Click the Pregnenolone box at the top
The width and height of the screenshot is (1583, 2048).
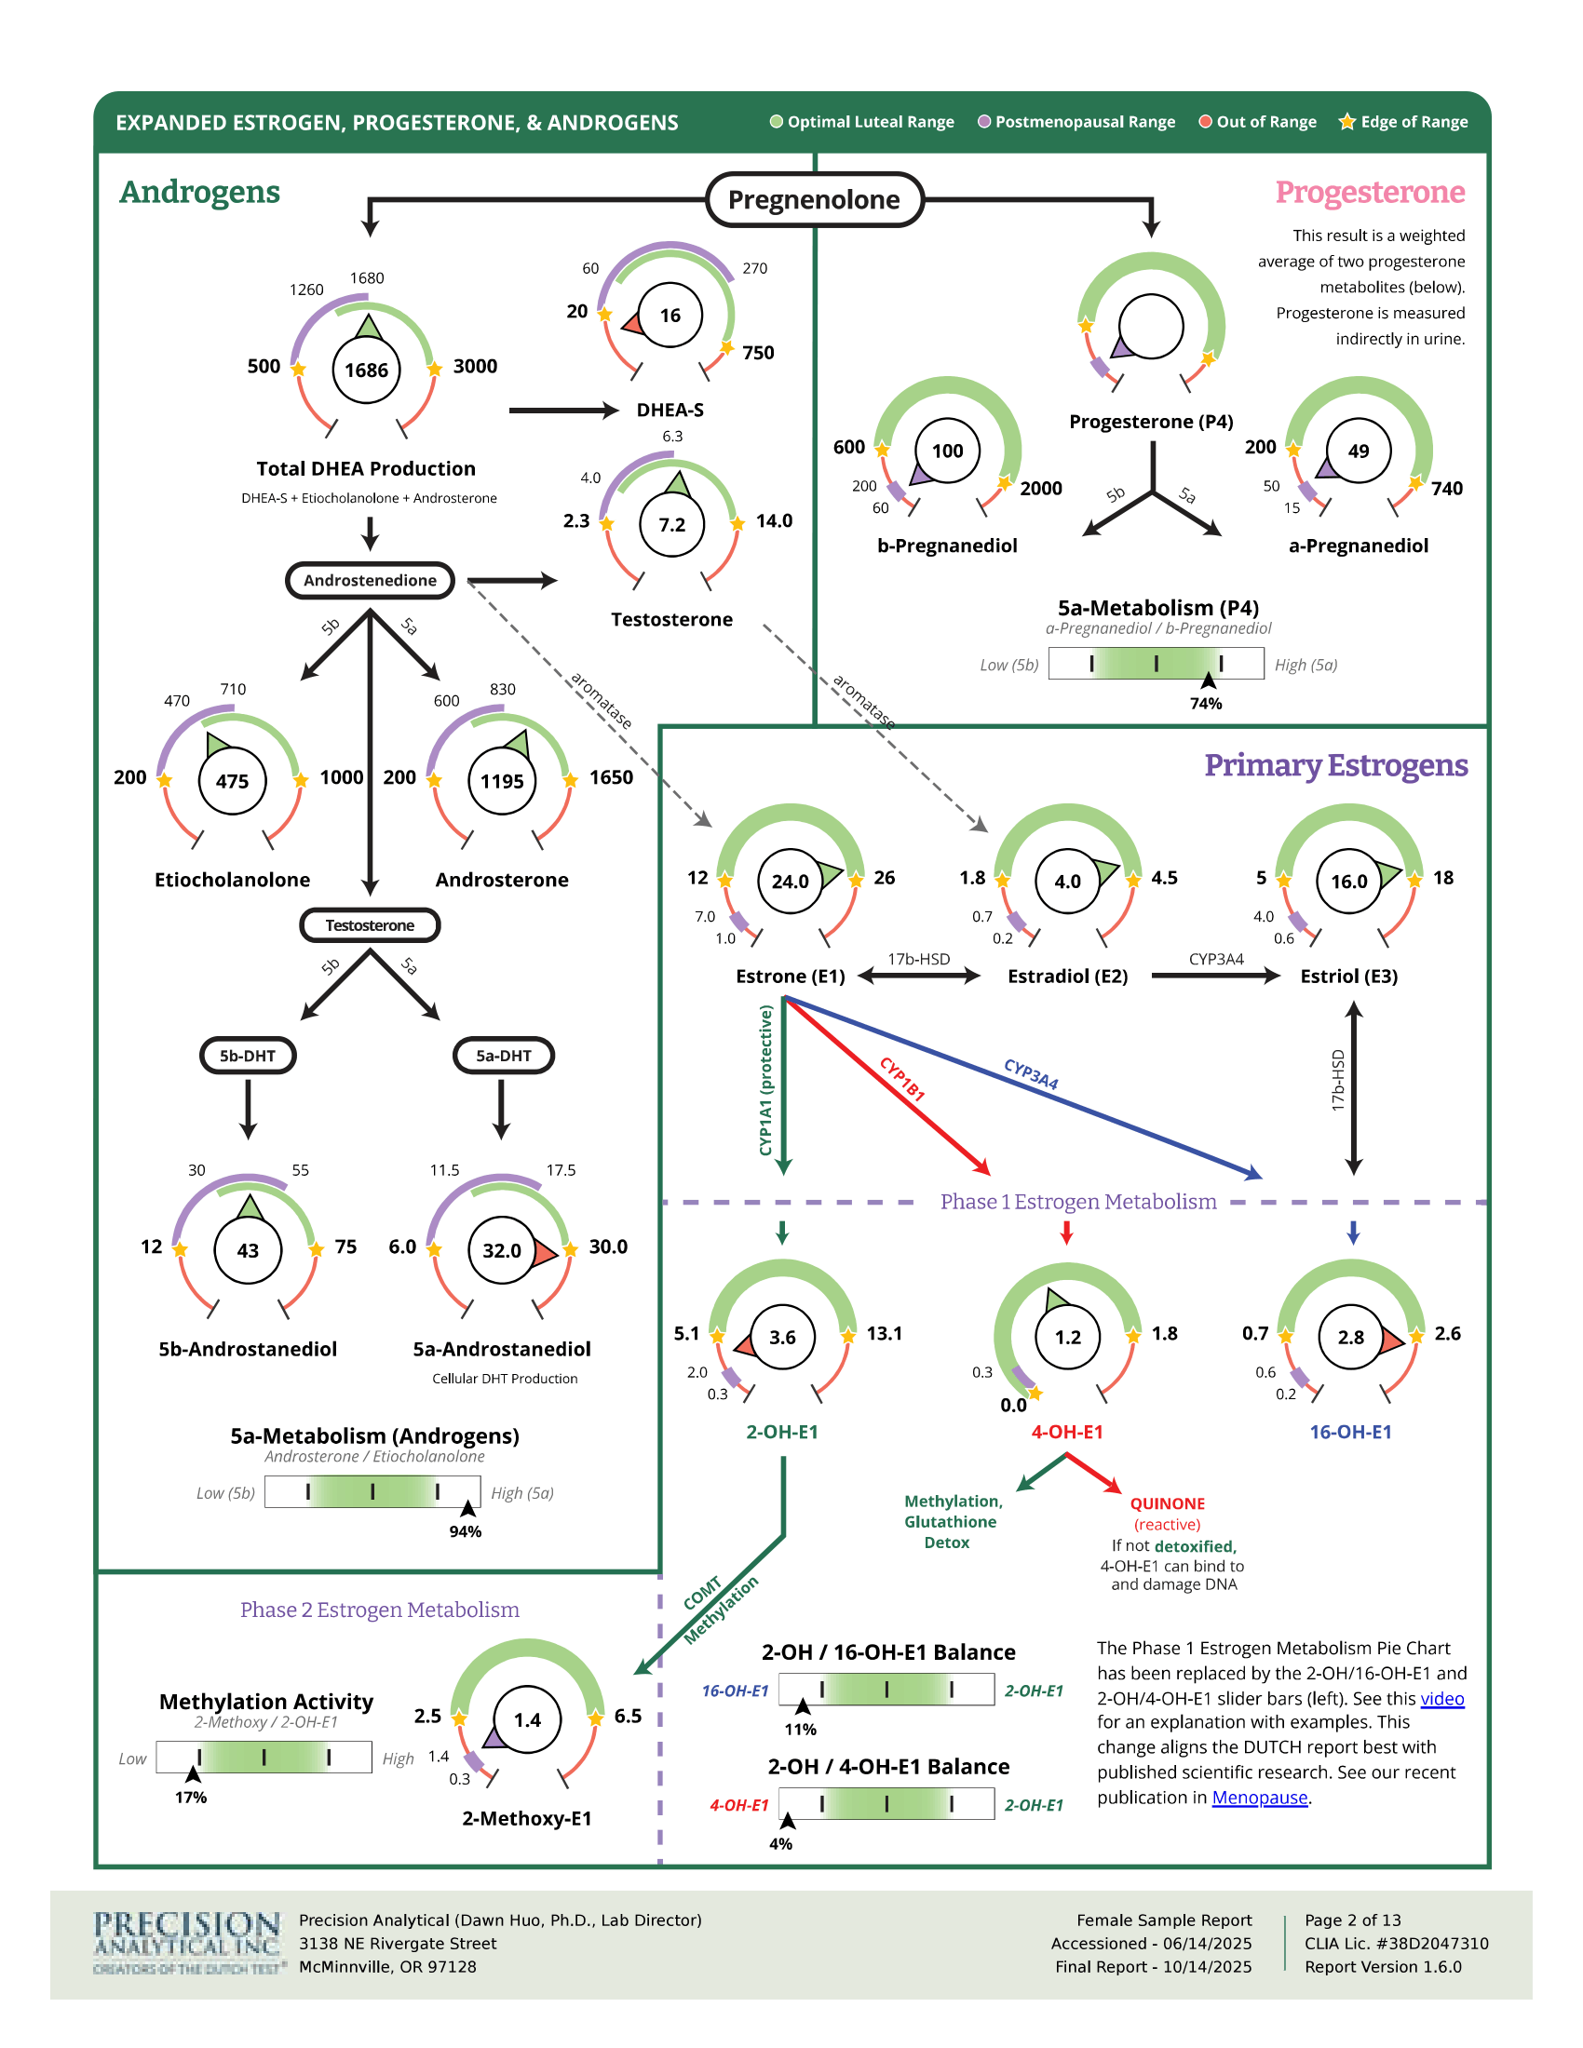(814, 199)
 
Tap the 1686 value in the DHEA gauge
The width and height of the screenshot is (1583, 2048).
(366, 371)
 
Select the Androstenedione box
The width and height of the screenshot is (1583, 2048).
(370, 581)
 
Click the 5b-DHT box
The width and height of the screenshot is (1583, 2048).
(248, 1056)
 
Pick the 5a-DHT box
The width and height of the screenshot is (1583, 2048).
(504, 1056)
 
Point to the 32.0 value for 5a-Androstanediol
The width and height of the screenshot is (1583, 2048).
(502, 1250)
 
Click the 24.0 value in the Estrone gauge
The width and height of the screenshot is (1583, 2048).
(790, 882)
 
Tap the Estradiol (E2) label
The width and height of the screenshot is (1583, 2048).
(1067, 977)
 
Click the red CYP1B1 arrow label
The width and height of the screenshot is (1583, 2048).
(902, 1078)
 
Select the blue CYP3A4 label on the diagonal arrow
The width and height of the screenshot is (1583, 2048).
(1031, 1073)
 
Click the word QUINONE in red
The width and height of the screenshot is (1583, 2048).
(1167, 1503)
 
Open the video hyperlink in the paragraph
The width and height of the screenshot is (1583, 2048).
(1442, 1698)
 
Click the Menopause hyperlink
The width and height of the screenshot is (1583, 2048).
(1260, 1797)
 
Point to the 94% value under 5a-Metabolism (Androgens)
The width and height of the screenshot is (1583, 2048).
(466, 1531)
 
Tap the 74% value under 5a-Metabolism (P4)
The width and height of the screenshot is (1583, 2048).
(1206, 703)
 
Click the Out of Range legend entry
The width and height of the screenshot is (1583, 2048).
(1258, 122)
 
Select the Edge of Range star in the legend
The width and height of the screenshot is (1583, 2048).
(1346, 121)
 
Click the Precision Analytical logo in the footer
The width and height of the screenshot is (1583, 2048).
(187, 1942)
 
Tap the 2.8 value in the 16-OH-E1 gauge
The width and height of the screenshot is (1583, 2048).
(1350, 1337)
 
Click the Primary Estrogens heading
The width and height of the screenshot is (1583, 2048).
(1335, 765)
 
